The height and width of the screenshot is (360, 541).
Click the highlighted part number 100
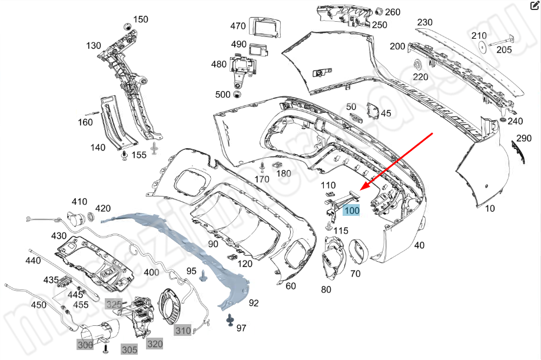352,211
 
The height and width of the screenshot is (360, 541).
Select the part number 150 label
141,19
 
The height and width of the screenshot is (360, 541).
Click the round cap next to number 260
379,11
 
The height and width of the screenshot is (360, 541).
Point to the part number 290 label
524,139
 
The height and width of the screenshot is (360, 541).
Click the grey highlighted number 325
114,304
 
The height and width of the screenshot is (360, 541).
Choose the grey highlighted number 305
130,349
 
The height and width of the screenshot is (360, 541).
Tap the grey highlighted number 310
182,331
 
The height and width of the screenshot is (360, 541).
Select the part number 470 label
238,26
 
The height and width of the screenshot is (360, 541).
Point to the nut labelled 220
417,64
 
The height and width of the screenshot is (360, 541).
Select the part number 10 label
490,208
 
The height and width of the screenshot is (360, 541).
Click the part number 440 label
34,260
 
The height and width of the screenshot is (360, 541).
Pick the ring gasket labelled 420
91,218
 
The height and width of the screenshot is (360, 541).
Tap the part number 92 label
254,303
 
